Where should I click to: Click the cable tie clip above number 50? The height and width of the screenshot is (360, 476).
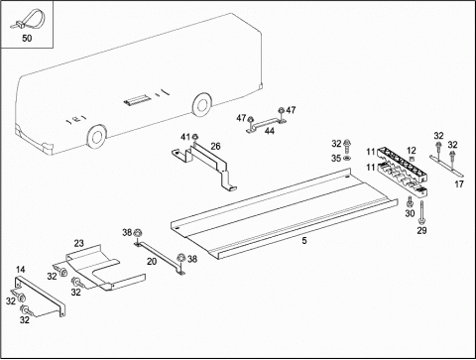27,19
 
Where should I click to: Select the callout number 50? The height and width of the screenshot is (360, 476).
27,39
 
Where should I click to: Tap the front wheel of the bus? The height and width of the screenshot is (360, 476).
96,136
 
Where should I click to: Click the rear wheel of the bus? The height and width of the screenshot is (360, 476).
201,104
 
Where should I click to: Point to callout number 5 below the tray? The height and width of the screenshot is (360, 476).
304,241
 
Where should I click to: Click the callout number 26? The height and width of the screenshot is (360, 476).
215,146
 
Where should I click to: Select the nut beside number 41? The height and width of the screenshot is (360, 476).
195,136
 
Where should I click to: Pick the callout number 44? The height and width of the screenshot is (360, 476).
270,131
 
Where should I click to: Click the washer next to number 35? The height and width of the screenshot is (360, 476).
347,159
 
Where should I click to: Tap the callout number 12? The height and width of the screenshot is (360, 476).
412,151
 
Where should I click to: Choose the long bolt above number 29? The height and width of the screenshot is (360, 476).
421,212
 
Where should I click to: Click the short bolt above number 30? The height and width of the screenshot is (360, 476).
410,201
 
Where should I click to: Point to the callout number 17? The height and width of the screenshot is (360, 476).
459,184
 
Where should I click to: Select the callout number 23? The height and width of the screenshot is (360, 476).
78,243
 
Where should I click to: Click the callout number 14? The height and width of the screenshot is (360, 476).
21,270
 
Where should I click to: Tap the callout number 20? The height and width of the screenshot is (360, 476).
152,262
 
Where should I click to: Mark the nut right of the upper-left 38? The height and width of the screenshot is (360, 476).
137,233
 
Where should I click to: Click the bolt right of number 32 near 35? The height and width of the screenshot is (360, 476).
347,146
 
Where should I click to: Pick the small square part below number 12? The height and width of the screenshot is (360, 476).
412,159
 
